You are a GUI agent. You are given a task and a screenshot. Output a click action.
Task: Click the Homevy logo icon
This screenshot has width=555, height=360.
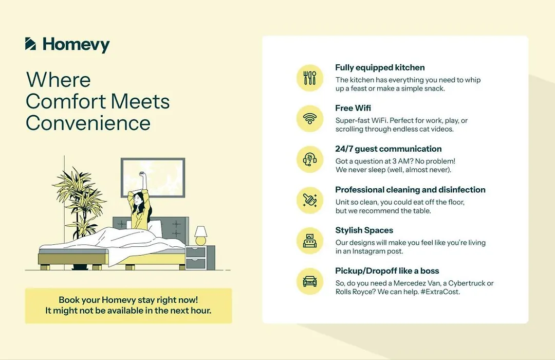pos(30,44)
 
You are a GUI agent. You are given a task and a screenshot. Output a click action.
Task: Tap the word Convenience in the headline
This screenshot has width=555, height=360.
pos(88,123)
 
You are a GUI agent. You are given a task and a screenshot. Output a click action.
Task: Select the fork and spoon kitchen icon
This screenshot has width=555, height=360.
pos(310,78)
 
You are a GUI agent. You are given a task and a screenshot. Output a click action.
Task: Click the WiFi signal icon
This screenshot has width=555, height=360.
pos(310,119)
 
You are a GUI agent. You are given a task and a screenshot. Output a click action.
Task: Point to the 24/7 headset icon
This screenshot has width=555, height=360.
pos(310,159)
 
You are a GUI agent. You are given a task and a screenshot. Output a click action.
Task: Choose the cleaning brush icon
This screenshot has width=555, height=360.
pos(310,200)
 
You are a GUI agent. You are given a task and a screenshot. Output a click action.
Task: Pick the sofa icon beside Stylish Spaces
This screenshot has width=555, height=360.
pos(310,241)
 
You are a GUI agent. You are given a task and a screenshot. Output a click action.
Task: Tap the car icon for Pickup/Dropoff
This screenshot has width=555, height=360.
pos(310,282)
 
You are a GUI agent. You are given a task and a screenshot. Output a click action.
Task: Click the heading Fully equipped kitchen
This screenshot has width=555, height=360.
pos(380,67)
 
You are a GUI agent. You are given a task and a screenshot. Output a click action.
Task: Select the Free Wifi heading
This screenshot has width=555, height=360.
pos(353,107)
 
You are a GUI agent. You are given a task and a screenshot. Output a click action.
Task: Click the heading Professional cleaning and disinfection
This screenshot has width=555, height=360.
pos(410,190)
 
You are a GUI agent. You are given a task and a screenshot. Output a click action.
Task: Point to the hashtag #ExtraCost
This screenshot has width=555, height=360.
pos(440,292)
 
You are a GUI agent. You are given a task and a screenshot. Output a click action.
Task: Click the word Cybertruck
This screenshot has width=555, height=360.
pos(466,283)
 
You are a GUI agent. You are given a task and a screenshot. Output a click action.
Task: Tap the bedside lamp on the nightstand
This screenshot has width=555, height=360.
pos(201,236)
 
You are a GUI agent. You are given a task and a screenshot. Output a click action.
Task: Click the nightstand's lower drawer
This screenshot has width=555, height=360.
pos(196,264)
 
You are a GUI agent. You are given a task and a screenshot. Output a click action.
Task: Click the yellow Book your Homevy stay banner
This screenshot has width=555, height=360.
pos(128,305)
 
